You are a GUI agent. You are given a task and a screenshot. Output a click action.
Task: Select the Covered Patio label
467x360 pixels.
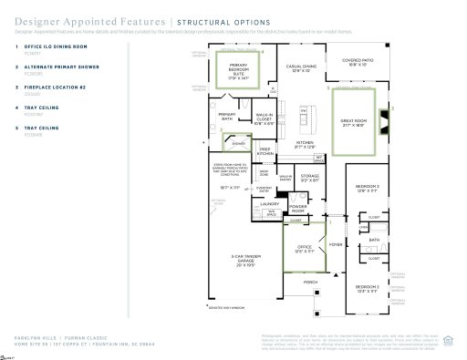tap(357, 63)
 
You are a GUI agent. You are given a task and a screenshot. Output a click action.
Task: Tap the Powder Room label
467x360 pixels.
tap(297, 208)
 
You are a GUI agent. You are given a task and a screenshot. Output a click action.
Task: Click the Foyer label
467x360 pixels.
tap(335, 219)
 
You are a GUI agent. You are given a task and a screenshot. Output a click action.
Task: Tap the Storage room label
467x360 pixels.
tap(310, 176)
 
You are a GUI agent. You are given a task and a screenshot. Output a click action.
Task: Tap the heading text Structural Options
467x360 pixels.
tap(223, 20)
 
